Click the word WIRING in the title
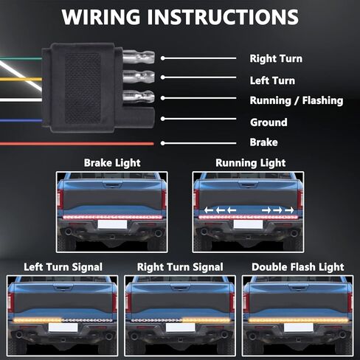pyautogui.click(x=101, y=17)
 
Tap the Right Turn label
pyautogui.click(x=276, y=58)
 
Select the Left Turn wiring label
pyautogui.click(x=272, y=80)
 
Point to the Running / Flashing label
pyautogui.click(x=297, y=100)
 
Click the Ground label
pyautogui.click(x=269, y=122)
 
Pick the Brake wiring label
pyautogui.click(x=263, y=142)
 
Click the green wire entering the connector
pyautogui.click(x=21, y=59)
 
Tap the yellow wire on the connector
pyautogui.click(x=21, y=79)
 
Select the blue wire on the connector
pyautogui.click(x=21, y=120)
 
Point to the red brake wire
pyautogui.click(x=77, y=144)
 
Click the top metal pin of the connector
pyautogui.click(x=139, y=57)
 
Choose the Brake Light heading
pyautogui.click(x=112, y=163)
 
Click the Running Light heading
pyautogui.click(x=250, y=163)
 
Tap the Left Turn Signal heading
pyautogui.click(x=63, y=267)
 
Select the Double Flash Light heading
pyautogui.click(x=298, y=267)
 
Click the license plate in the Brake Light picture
pyautogui.click(x=112, y=224)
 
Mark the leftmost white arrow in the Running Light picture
pyautogui.click(x=209, y=210)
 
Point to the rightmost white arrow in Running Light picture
pyautogui.click(x=289, y=210)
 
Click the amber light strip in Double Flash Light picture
pyautogui.click(x=298, y=320)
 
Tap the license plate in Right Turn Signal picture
pyautogui.click(x=180, y=328)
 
